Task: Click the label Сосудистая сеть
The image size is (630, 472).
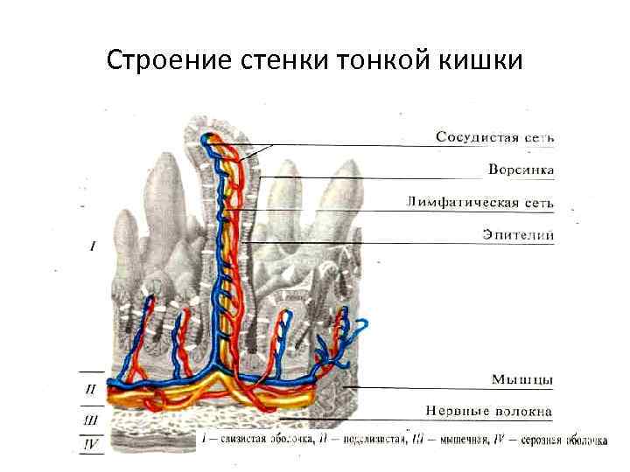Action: [495, 137]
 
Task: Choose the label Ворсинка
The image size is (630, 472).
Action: [520, 169]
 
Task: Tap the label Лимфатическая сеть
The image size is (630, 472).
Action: [480, 202]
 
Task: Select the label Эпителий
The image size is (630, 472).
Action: [518, 234]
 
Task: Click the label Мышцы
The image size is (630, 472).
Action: [521, 378]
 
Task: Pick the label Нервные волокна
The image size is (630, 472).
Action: [489, 410]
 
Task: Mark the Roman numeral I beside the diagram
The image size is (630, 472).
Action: [94, 246]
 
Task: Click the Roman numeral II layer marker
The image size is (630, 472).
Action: [90, 389]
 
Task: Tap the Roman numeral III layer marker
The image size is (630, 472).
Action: [90, 420]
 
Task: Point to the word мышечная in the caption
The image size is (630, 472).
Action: [457, 439]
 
